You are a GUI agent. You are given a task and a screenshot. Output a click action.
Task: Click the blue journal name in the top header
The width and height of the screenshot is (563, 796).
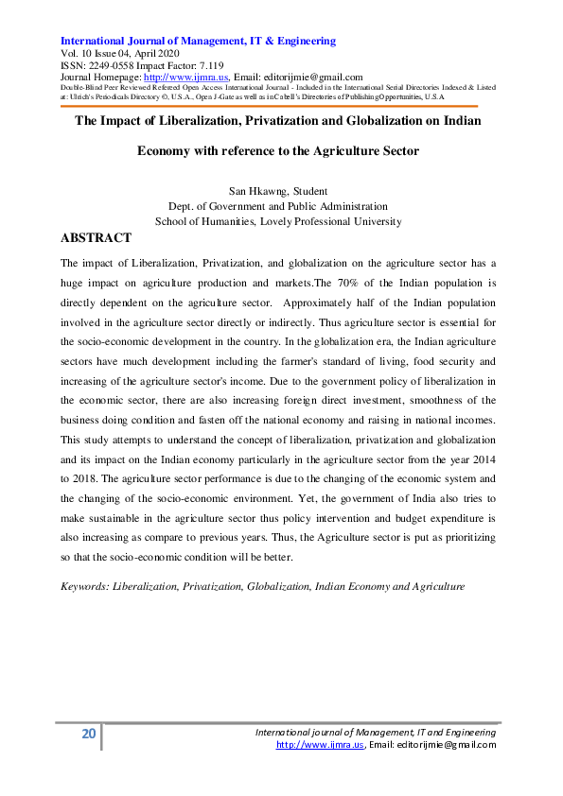pyautogui.click(x=198, y=41)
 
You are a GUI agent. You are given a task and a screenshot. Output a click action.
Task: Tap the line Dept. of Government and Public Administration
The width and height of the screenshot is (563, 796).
pyautogui.click(x=277, y=206)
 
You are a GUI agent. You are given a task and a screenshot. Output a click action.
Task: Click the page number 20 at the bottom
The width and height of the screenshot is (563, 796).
pyautogui.click(x=88, y=735)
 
